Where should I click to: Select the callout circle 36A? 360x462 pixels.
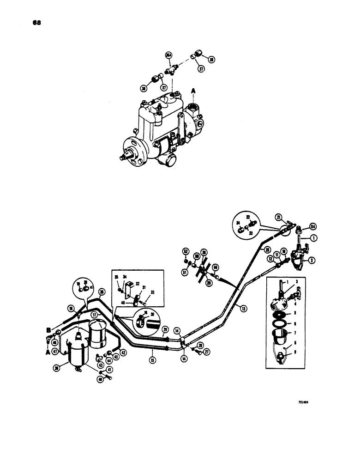pyautogui.click(x=168, y=56)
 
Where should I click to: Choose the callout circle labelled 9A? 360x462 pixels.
pyautogui.click(x=313, y=227)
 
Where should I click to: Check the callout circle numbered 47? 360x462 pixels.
pyautogui.click(x=55, y=351)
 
